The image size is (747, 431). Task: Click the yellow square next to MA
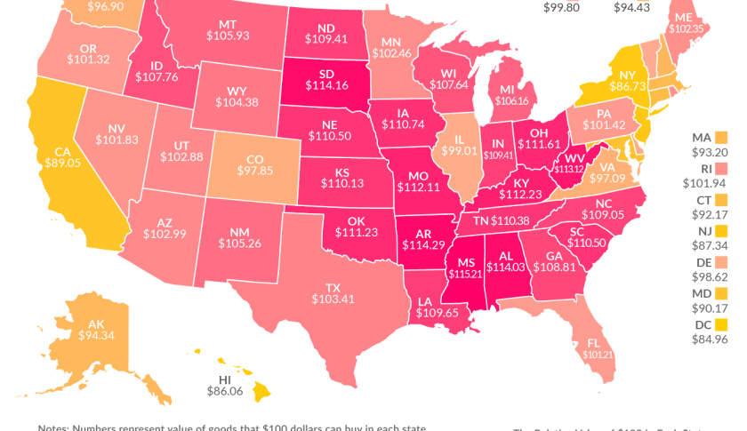pos(722,138)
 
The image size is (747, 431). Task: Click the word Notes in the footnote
pos(55,427)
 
